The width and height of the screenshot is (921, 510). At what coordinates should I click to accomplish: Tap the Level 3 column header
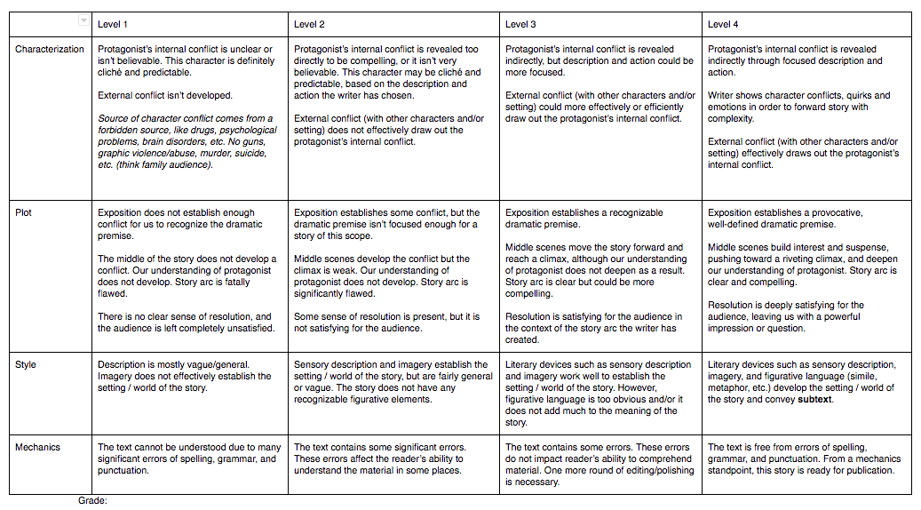click(x=520, y=24)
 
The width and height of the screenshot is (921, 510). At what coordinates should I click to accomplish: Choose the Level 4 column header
click(x=723, y=24)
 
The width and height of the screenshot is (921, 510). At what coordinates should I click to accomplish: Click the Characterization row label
click(x=50, y=50)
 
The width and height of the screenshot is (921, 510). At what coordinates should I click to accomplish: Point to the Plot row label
click(x=24, y=213)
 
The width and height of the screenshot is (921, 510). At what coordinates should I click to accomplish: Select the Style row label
click(x=26, y=365)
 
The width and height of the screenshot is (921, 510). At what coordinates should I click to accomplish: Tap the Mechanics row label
click(x=38, y=448)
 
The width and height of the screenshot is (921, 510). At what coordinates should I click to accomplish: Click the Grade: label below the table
click(x=92, y=501)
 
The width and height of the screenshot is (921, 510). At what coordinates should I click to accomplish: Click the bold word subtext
click(x=815, y=400)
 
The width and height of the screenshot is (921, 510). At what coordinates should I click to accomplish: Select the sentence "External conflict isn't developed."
click(x=164, y=96)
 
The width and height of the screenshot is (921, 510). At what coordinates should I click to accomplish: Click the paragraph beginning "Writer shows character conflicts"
click(x=799, y=107)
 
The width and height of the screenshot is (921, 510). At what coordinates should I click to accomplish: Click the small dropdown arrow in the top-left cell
click(x=83, y=20)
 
